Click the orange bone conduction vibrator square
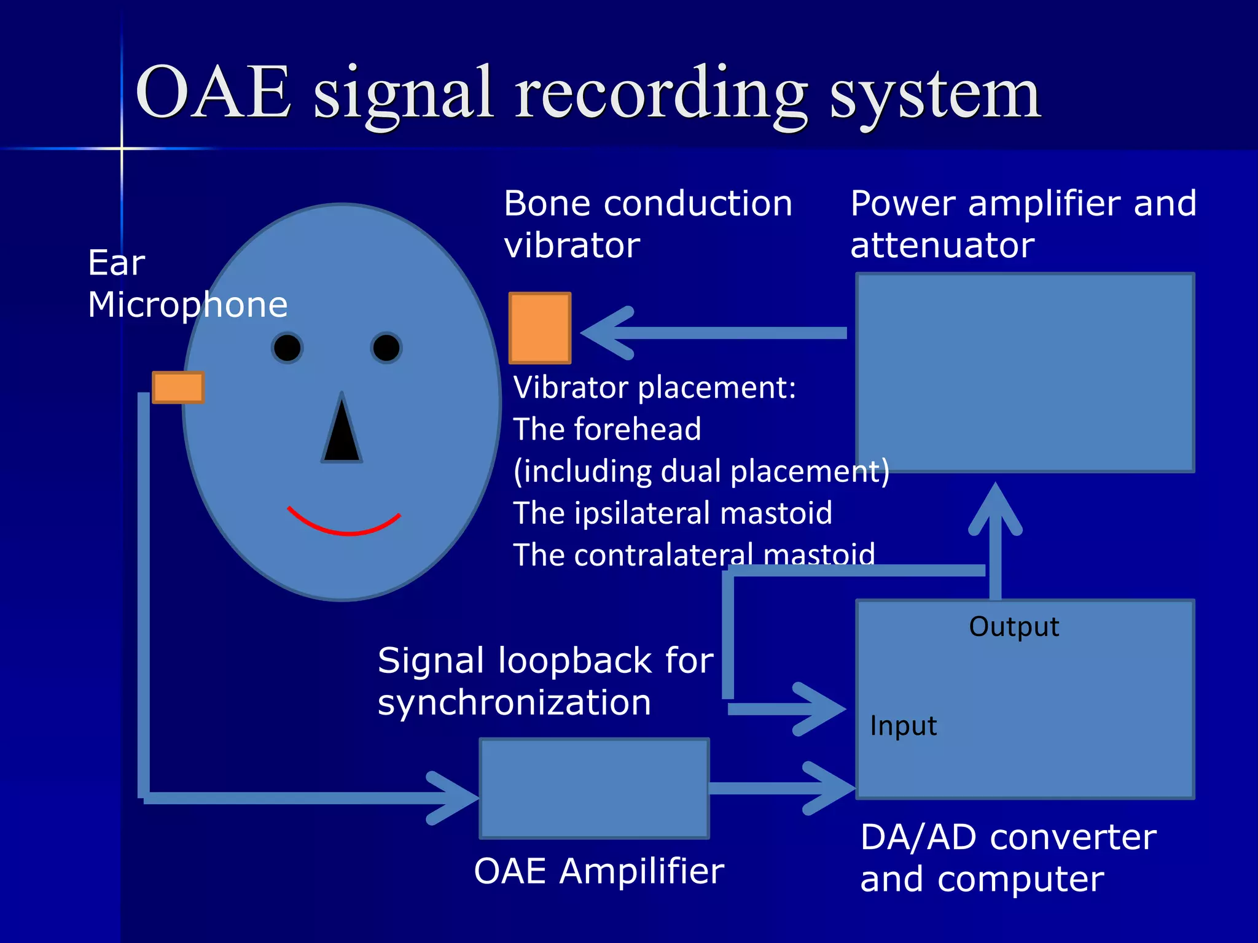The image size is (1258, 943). pos(540,328)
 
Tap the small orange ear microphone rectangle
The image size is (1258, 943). pos(178,387)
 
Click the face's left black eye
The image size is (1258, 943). pos(287,348)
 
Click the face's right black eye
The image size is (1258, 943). pos(386,348)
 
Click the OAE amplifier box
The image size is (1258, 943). pos(594,788)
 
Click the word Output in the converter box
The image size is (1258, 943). pos(1014,627)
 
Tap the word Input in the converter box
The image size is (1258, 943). pos(903,726)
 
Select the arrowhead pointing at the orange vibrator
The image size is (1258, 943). pos(605,333)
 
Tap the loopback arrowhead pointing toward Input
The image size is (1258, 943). pos(820,709)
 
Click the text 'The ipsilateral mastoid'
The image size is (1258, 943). pos(673,513)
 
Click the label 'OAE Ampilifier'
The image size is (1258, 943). pos(599,871)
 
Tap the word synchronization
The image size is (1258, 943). pos(514,702)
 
